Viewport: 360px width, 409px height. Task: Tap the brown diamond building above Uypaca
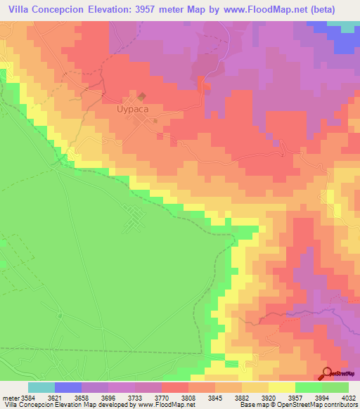(x=141, y=96)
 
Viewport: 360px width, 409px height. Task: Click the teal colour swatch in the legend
(x=41, y=387)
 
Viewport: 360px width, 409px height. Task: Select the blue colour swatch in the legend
(x=67, y=387)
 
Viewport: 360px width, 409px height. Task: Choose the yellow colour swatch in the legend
(x=281, y=387)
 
